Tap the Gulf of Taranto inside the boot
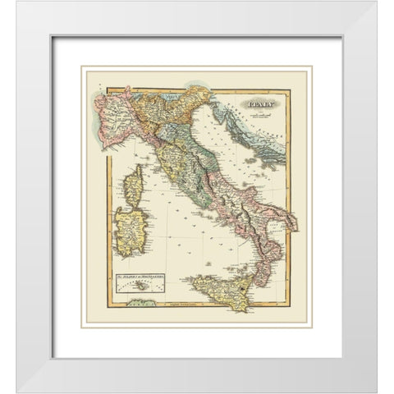[263, 226]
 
